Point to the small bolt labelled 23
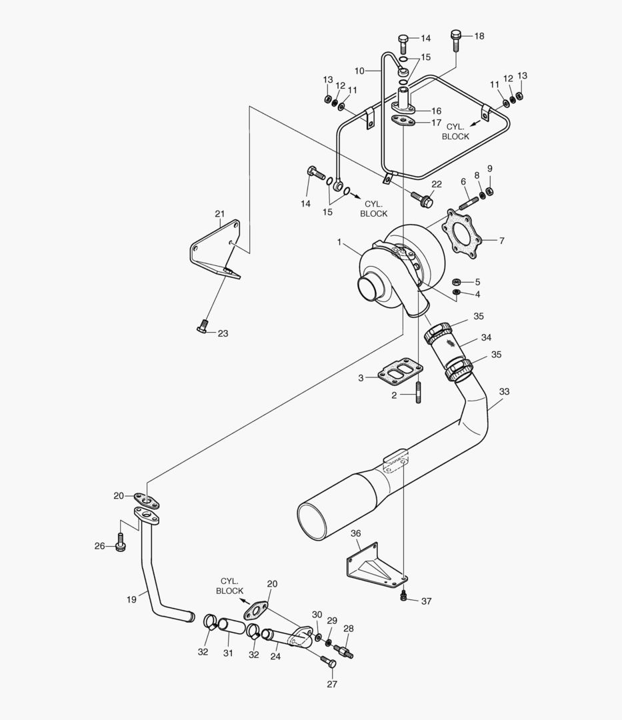click(x=203, y=325)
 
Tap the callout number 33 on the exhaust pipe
click(x=504, y=392)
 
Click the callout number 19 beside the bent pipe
click(x=131, y=599)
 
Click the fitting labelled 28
click(x=345, y=649)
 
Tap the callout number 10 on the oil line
click(x=359, y=70)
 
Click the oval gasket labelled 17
click(x=403, y=121)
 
